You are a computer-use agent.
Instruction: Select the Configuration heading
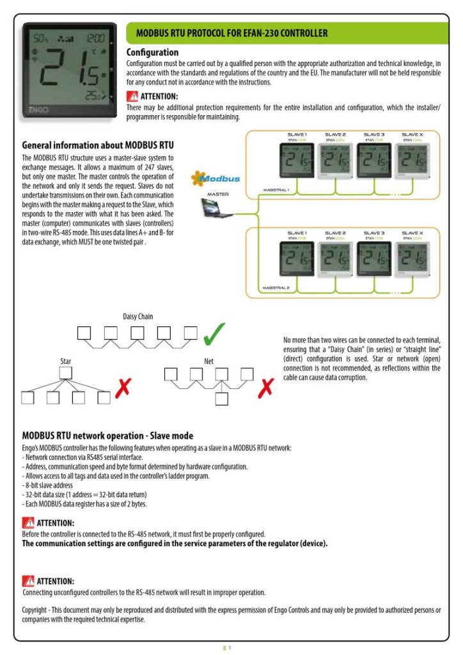point(153,52)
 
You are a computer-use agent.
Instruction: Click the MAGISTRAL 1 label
point(276,190)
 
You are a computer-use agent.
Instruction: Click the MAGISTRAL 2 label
point(276,288)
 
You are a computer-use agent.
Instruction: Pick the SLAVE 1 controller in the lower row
point(297,260)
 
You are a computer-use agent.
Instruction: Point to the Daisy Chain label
point(137,316)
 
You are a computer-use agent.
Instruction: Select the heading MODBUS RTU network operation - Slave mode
point(107,436)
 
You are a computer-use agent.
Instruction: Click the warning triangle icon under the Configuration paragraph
point(132,97)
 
